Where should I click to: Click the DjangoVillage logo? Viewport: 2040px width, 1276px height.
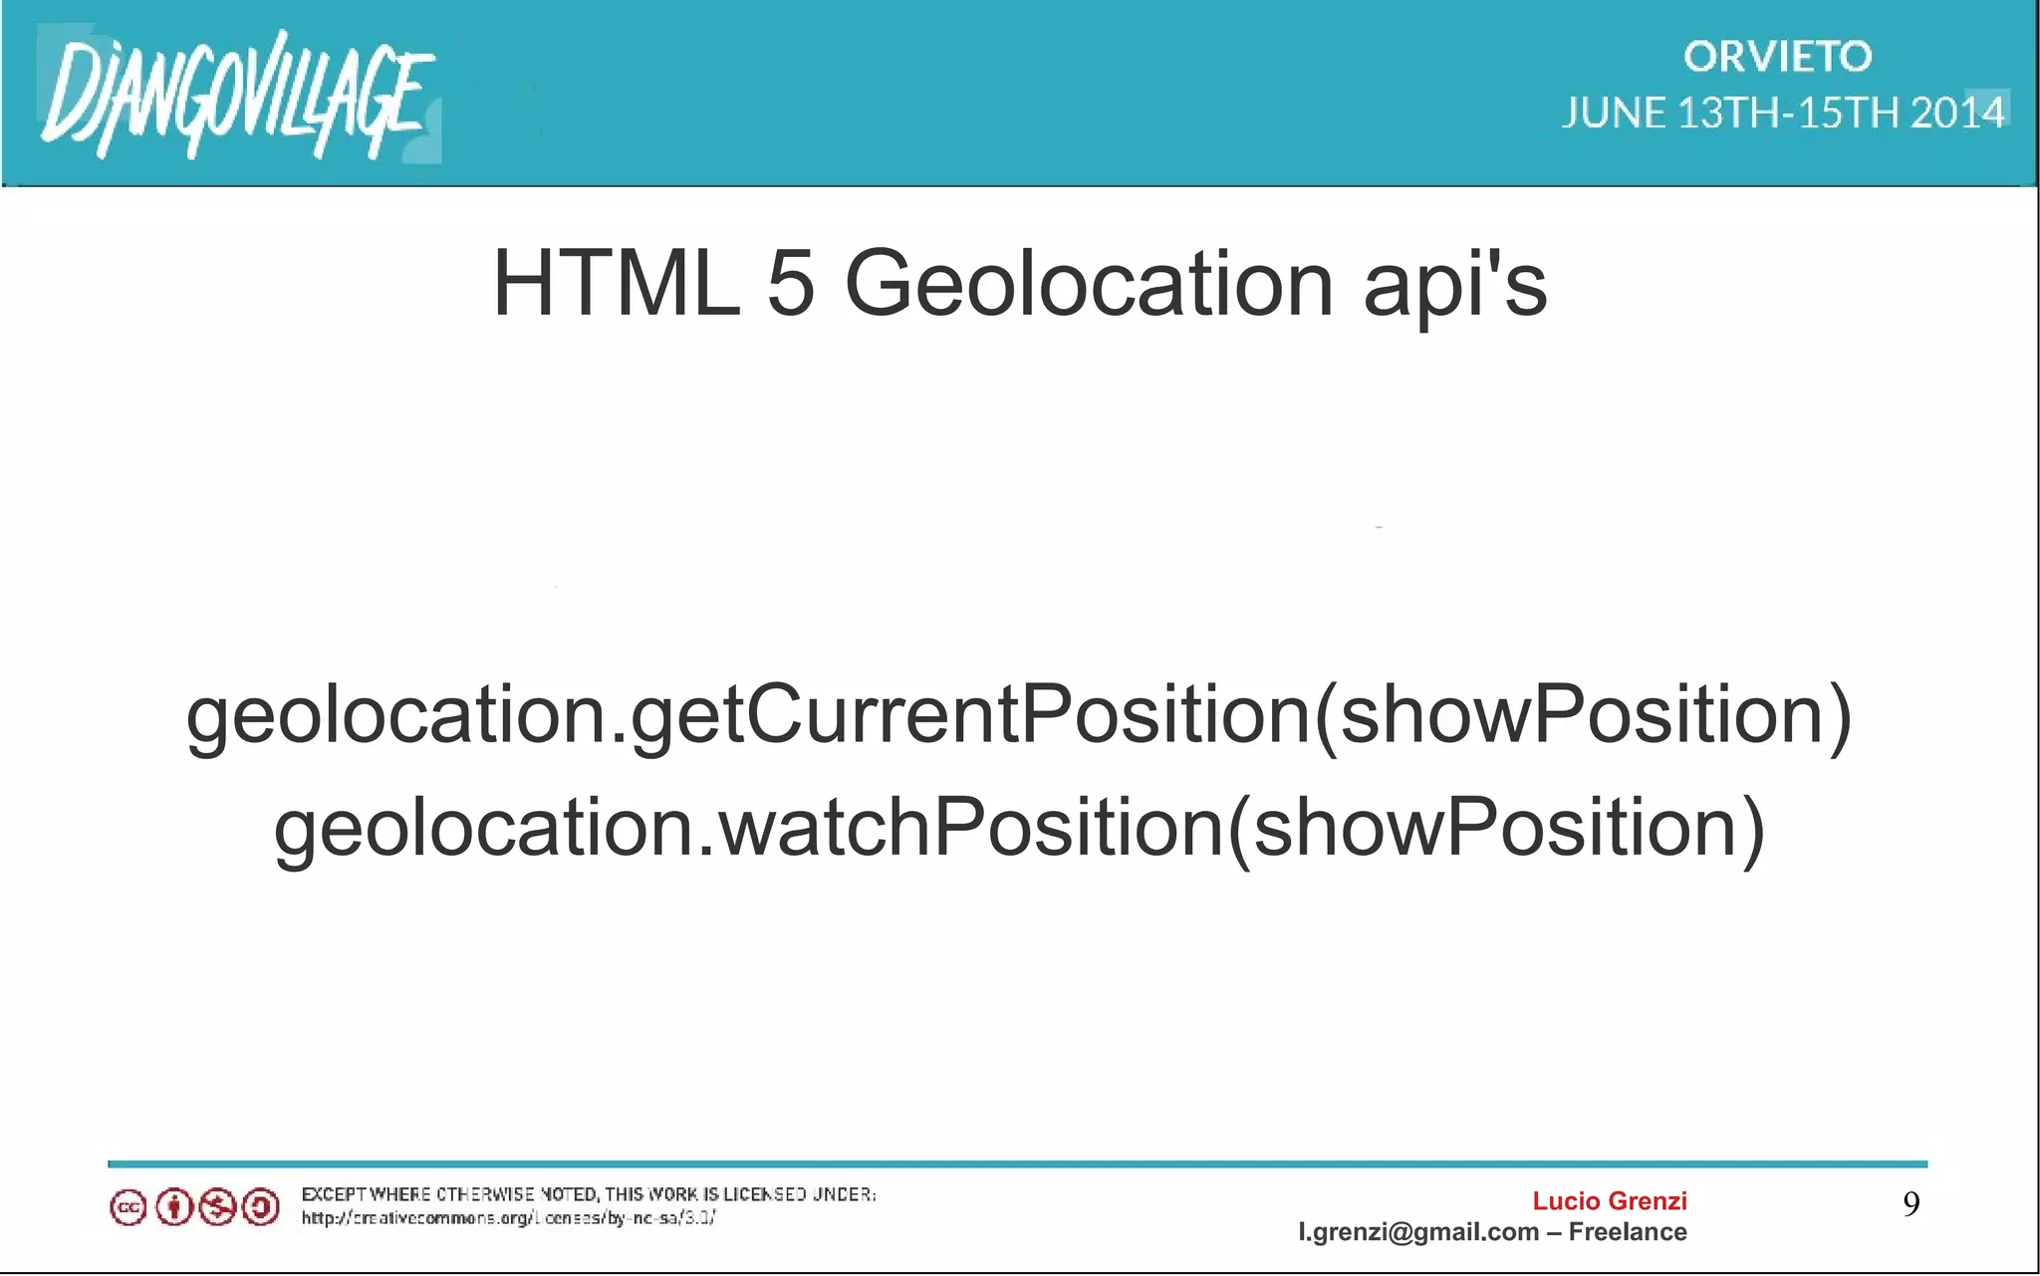tap(237, 95)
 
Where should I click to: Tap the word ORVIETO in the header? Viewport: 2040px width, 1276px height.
tap(1777, 57)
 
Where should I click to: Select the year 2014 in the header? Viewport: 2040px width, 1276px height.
tap(1956, 113)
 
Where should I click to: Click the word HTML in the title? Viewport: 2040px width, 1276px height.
tap(616, 284)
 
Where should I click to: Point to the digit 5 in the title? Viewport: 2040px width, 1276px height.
tap(792, 284)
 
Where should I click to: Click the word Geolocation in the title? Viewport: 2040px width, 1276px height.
tap(1089, 284)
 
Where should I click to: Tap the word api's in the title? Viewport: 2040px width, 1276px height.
tap(1454, 287)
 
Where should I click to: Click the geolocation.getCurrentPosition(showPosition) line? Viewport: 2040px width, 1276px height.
tap(1019, 715)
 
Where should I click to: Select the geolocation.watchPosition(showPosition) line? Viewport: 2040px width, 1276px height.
tap(1019, 829)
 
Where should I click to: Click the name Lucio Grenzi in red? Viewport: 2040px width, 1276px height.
tap(1609, 1201)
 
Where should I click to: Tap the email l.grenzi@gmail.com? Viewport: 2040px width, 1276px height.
tap(1418, 1232)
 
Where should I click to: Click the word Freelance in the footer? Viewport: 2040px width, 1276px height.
tap(1628, 1232)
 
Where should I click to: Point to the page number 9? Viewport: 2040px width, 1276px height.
tap(1911, 1204)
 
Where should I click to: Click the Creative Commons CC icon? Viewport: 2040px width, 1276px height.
tap(127, 1208)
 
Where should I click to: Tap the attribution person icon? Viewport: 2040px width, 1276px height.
tap(174, 1208)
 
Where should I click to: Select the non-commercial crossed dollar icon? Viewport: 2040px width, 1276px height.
tap(217, 1208)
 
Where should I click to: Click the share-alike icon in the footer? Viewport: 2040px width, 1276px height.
tap(261, 1208)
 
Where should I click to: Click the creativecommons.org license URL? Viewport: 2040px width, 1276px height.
tap(508, 1218)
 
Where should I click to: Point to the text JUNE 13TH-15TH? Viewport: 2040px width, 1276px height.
tap(1733, 113)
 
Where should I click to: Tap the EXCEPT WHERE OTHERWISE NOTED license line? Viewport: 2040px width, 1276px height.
tap(588, 1194)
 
